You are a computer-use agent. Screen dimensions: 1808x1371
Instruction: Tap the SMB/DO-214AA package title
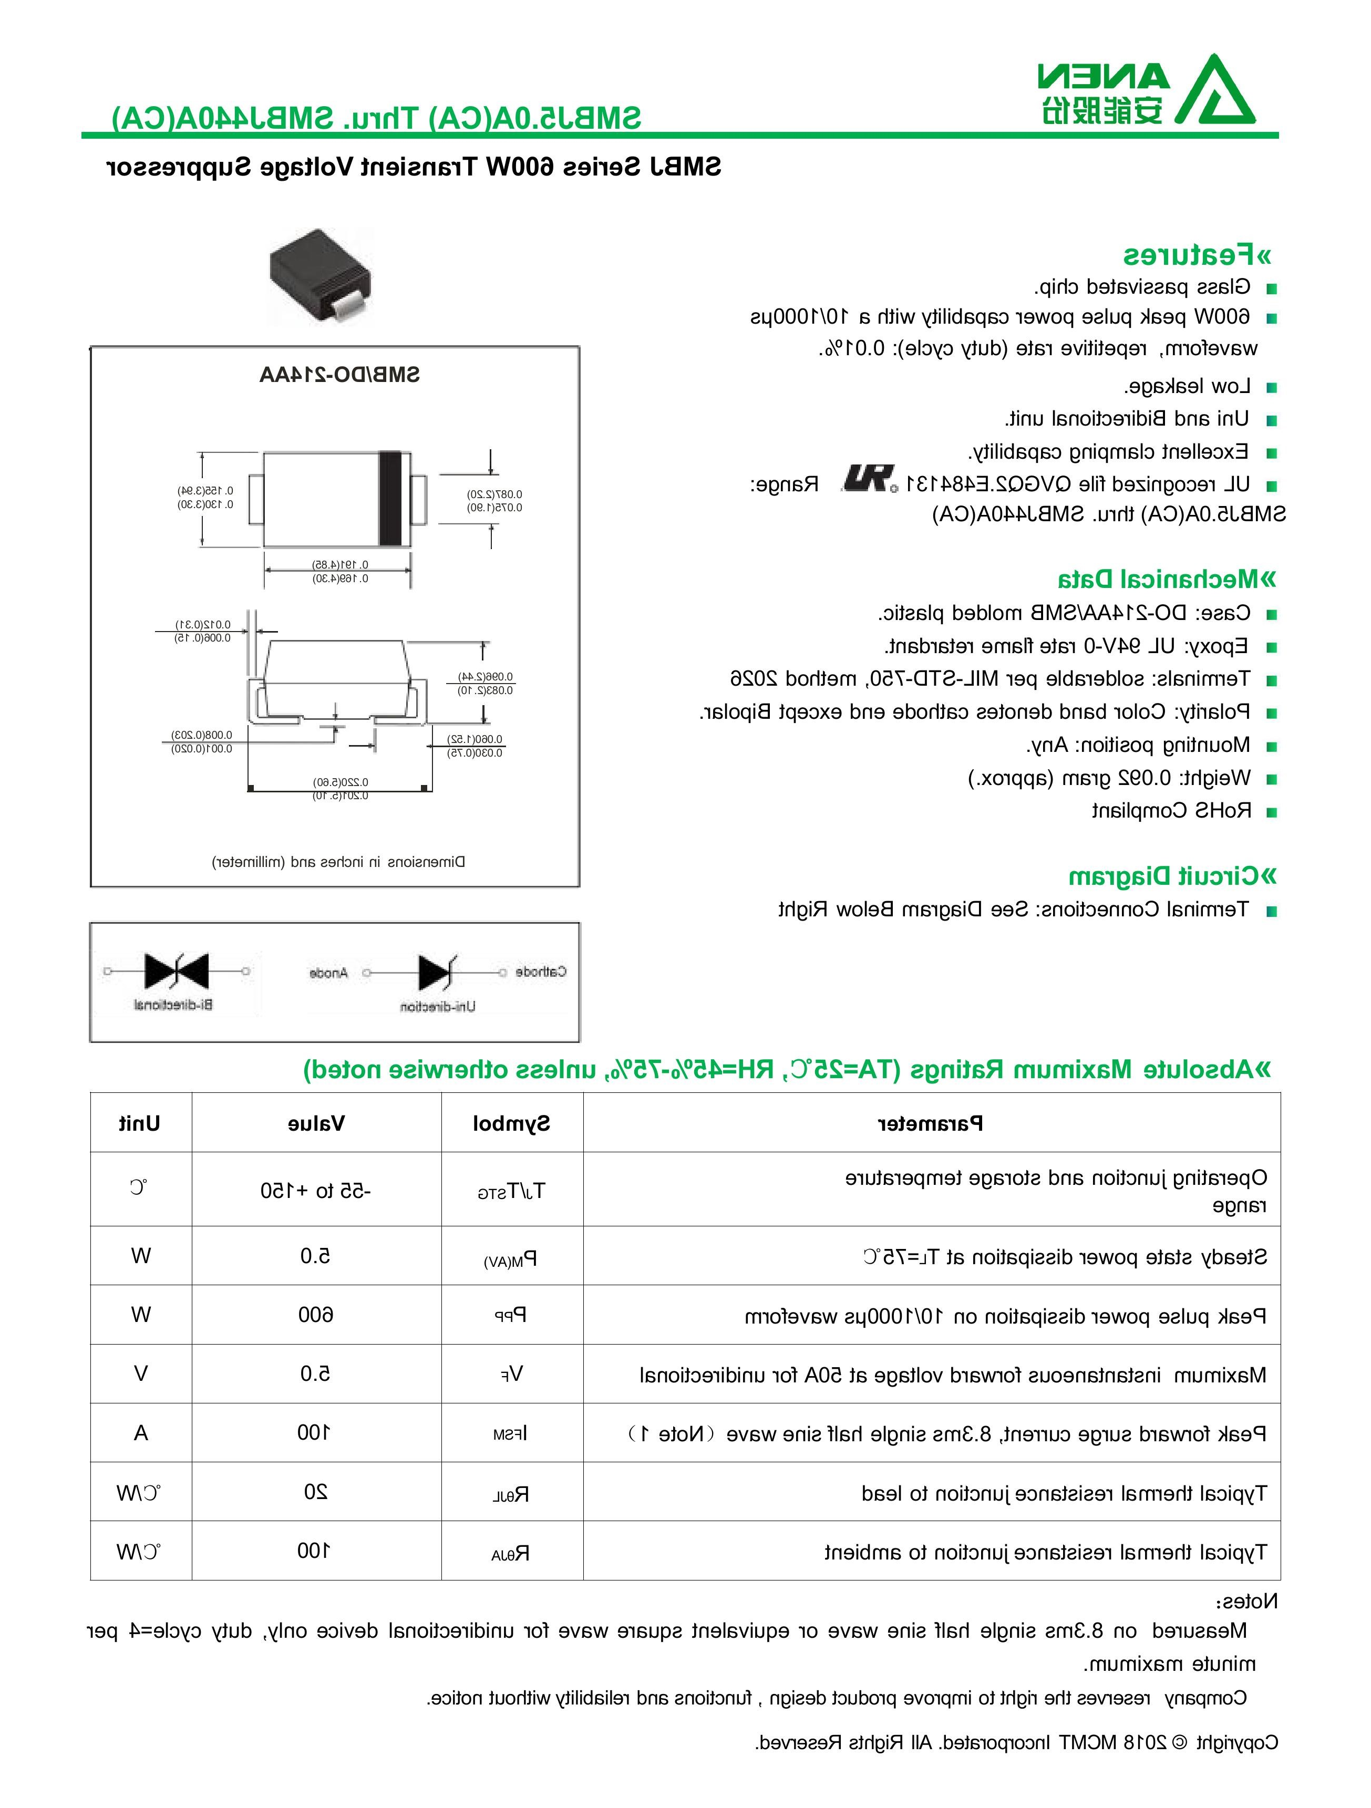pos(339,375)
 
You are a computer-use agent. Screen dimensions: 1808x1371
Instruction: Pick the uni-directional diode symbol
pos(434,972)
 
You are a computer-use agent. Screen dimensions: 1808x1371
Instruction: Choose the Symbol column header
pos(512,1123)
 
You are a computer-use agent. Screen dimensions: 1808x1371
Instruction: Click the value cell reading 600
pos(316,1314)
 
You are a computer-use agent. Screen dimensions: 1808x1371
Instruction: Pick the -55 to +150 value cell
pos(316,1191)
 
